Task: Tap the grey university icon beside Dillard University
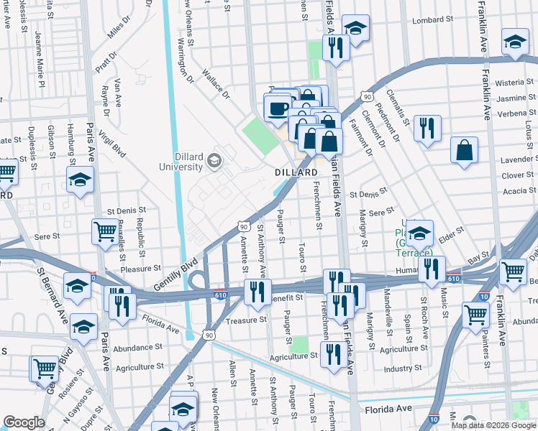coord(214,161)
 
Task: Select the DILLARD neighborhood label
coord(296,173)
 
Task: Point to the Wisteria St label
coord(516,83)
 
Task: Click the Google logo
coord(24,422)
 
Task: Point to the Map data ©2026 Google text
coord(493,425)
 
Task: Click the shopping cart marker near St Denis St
coord(105,231)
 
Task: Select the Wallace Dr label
coord(215,84)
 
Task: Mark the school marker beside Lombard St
coord(355,29)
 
